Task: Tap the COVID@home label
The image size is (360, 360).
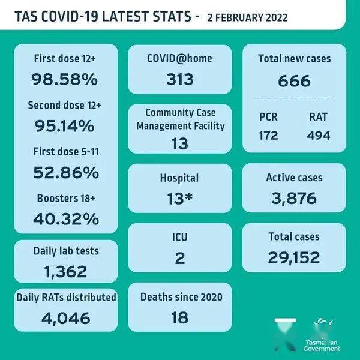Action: tap(179, 58)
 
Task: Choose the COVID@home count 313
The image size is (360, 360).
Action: tap(179, 80)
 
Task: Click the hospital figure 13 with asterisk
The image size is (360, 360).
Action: tap(179, 199)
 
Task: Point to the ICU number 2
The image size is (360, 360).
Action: tap(179, 259)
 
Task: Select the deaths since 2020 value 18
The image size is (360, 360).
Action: tap(179, 317)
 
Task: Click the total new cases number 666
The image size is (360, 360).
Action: tap(294, 80)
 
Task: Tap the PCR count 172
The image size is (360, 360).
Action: tap(269, 136)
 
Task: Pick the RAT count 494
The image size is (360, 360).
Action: tap(318, 136)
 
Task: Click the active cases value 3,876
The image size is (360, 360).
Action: tap(294, 199)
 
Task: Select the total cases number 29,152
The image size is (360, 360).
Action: tap(294, 257)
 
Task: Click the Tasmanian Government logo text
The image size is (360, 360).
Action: tap(320, 346)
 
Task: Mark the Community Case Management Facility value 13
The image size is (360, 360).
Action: tap(179, 143)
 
